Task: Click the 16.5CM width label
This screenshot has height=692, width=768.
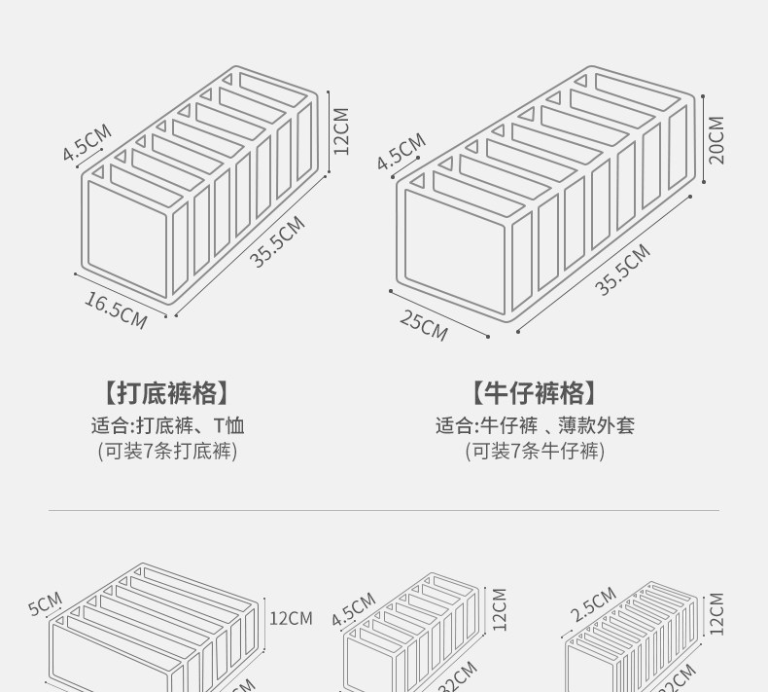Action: pos(116,310)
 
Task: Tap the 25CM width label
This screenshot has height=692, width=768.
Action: pos(424,325)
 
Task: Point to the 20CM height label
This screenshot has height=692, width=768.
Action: pos(717,140)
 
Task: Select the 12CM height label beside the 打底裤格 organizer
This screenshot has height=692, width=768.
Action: pos(340,130)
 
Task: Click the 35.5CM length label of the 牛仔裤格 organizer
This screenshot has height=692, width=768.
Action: pos(622,270)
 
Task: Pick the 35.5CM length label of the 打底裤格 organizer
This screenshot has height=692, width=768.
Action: pos(278,242)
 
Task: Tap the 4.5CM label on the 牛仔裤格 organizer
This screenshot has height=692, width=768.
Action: pos(401,152)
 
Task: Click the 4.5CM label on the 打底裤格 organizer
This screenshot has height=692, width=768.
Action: pos(87,142)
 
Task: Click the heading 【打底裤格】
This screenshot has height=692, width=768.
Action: pos(167,393)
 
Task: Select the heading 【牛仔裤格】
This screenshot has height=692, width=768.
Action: pos(534,393)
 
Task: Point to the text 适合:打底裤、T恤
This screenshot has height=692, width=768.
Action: pos(167,425)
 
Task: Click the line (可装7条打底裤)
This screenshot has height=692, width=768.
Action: pos(167,452)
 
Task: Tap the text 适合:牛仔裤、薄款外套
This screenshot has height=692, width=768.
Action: pos(534,425)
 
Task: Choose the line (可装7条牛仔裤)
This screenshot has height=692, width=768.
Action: pos(534,452)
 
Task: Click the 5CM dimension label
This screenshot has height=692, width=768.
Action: pos(45,603)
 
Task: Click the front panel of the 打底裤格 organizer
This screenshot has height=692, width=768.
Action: pos(125,239)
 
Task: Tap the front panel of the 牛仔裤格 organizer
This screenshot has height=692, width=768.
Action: pos(453,254)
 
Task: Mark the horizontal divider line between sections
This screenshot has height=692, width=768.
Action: pos(384,510)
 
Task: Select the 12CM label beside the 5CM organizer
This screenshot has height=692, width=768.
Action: pos(291,618)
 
